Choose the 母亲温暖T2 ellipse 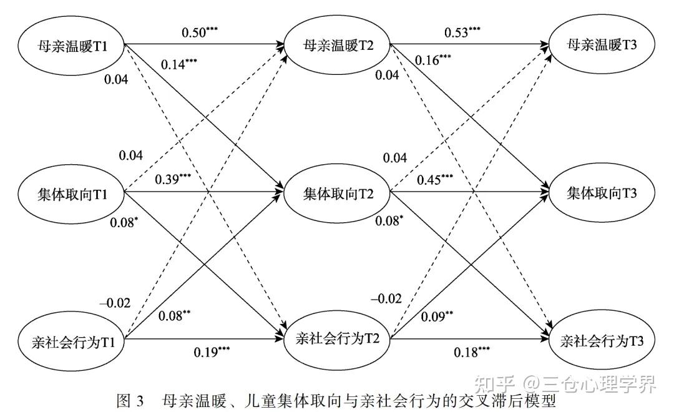[336, 46]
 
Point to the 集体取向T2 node [338, 194]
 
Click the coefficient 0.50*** [200, 32]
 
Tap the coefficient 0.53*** [462, 32]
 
